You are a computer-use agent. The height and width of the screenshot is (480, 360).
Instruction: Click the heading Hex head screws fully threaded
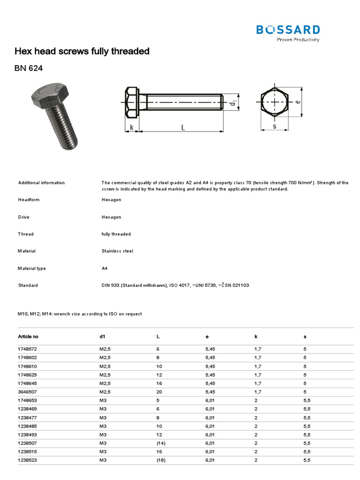tap(82, 51)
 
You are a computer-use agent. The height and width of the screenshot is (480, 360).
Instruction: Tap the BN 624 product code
tap(29, 68)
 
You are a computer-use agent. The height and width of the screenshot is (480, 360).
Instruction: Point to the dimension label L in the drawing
tap(182, 127)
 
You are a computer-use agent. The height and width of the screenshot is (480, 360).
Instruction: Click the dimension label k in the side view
tap(132, 127)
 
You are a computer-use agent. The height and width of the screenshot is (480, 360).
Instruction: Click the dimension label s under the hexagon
tap(274, 127)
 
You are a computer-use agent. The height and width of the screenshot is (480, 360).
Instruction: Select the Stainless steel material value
tap(117, 251)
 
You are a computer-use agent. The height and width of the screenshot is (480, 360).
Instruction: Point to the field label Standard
tap(28, 285)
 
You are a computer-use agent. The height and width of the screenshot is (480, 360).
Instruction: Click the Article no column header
tap(28, 337)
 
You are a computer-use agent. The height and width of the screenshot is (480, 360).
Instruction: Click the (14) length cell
tap(161, 443)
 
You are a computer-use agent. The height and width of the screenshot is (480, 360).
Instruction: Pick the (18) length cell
tap(161, 460)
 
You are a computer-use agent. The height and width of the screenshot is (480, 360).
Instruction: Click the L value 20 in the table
tap(159, 392)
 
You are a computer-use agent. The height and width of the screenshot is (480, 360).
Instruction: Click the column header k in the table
tap(255, 337)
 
